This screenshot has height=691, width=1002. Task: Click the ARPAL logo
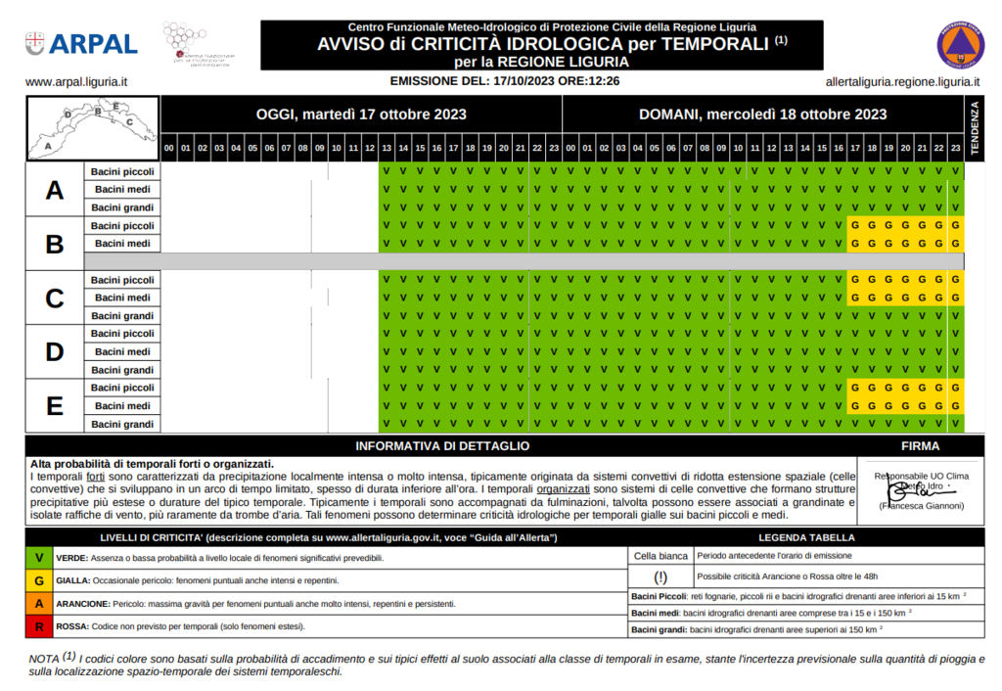81,43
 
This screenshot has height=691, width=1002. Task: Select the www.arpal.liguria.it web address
77,83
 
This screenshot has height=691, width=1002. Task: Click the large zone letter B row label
55,244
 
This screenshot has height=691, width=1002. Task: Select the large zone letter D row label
55,351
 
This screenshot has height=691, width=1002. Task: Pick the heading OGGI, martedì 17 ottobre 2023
361,115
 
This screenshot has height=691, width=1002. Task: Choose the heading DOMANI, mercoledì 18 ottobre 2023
762,115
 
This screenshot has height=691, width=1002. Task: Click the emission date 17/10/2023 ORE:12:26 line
504,82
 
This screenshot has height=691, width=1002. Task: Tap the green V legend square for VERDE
38,557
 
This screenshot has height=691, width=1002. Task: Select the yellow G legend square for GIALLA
38,580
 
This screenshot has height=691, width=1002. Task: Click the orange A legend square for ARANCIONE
38,604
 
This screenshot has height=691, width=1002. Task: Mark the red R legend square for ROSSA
38,626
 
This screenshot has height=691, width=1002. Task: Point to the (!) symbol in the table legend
660,576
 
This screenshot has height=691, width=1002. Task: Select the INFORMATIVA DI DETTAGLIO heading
442,446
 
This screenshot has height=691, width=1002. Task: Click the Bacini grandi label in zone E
122,424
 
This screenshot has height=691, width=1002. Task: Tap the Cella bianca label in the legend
660,555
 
